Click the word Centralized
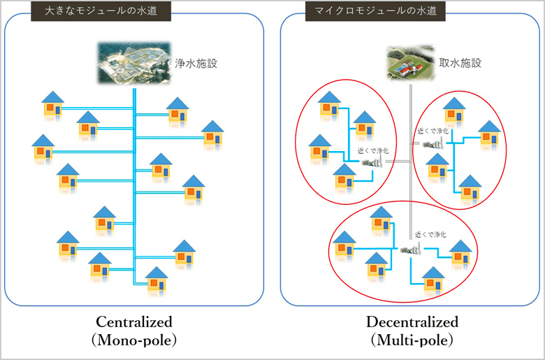coord(133,322)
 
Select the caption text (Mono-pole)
coord(133,340)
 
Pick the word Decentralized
coord(412,322)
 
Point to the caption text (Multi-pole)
coord(412,340)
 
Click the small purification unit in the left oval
coord(372,163)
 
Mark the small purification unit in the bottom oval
coord(409,248)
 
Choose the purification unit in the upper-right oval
coord(433,143)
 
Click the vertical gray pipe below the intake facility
coord(410,196)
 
